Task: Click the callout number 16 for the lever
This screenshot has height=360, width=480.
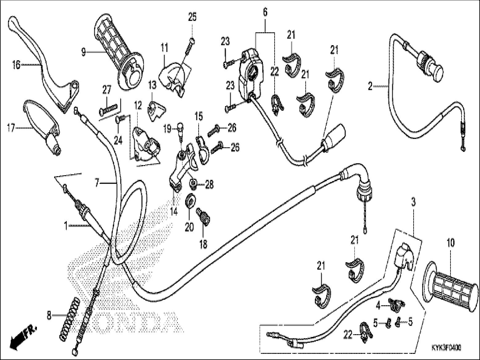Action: click(x=16, y=65)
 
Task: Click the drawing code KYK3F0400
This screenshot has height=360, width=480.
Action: click(x=446, y=347)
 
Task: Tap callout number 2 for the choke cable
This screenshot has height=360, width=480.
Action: click(x=370, y=86)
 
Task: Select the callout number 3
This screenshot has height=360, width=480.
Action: click(x=414, y=202)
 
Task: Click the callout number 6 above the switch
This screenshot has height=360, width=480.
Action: click(x=265, y=12)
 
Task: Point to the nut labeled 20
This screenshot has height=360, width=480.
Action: click(x=190, y=201)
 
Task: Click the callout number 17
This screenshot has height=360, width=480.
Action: click(x=11, y=128)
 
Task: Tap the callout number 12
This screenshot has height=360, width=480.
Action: click(x=138, y=106)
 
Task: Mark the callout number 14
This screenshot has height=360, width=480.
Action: click(x=174, y=212)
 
